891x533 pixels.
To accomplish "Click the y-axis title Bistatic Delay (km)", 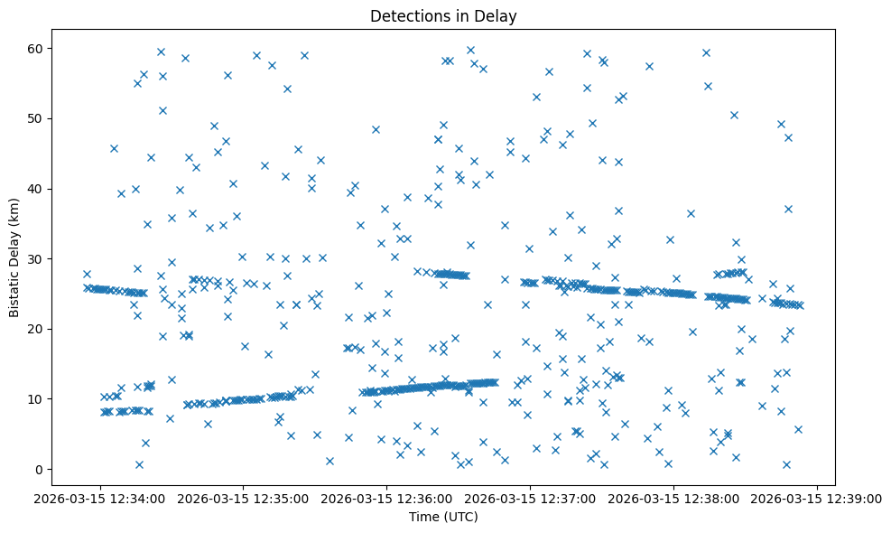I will pos(14,257).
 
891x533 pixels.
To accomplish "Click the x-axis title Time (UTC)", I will pos(443,517).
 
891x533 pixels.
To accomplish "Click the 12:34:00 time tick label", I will pos(99,498).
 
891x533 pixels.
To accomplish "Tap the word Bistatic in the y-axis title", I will pos(14,290).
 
